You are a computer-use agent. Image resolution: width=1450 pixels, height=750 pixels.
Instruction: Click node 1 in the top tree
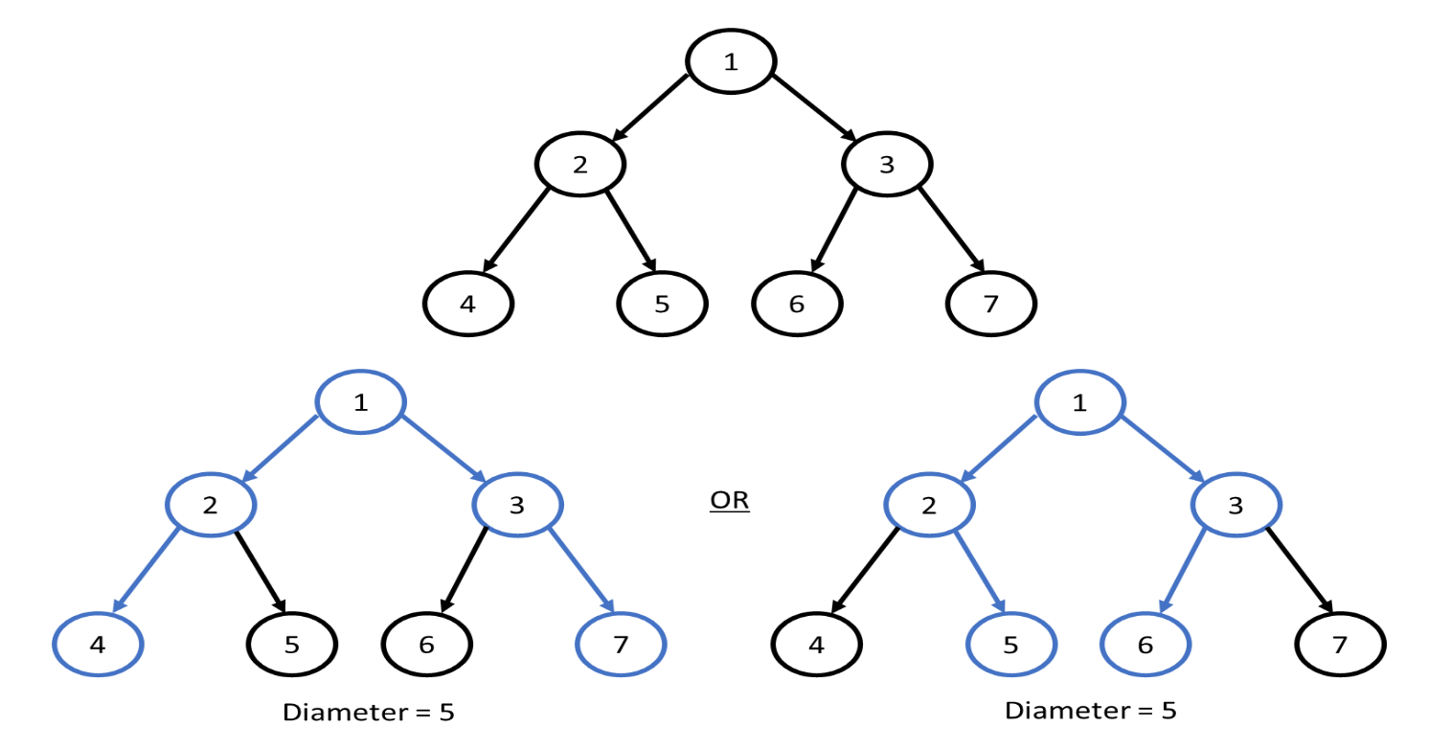click(x=731, y=62)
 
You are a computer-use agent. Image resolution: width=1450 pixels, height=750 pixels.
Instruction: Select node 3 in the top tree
click(x=886, y=164)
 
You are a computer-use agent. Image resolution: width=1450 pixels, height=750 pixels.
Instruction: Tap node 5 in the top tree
click(x=662, y=305)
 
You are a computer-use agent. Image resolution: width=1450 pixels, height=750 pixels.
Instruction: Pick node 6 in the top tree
click(x=797, y=305)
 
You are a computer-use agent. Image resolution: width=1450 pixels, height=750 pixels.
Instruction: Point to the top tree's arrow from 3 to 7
click(x=951, y=228)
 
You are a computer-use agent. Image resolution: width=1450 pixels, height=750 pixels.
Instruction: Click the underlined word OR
click(x=729, y=502)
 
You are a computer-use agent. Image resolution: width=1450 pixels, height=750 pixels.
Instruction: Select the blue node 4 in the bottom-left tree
click(x=98, y=643)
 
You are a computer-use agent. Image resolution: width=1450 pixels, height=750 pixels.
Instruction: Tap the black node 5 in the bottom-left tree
click(x=292, y=643)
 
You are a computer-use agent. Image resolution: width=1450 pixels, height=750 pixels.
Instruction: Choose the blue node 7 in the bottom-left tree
click(x=620, y=643)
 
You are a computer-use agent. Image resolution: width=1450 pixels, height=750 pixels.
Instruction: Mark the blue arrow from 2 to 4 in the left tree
click(x=147, y=568)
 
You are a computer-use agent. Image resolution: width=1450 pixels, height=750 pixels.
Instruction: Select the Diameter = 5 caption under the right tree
click(x=1090, y=711)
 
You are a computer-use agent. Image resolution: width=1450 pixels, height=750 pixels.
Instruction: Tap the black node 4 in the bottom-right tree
click(x=817, y=643)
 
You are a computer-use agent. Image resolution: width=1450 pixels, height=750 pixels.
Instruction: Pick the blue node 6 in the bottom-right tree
click(x=1145, y=643)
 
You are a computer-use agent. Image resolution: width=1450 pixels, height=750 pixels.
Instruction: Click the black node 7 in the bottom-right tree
click(x=1340, y=643)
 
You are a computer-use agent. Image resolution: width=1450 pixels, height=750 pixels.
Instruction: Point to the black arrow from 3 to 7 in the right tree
click(x=1300, y=567)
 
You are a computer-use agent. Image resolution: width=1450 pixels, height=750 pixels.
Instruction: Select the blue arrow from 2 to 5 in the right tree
click(x=979, y=567)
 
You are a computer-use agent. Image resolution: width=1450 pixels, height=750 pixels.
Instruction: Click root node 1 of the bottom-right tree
click(x=1080, y=401)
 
